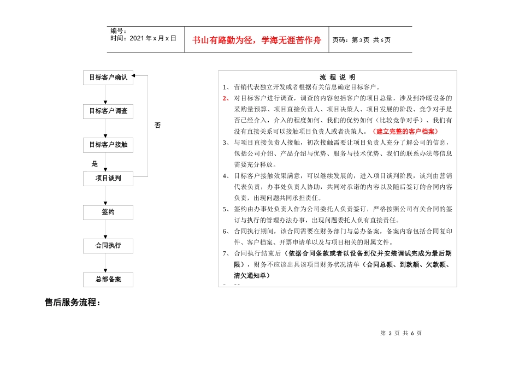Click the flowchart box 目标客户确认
(x=108, y=78)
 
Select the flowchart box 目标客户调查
(x=108, y=111)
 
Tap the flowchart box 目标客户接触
(x=108, y=145)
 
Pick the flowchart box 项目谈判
(x=108, y=179)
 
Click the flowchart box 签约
(x=108, y=212)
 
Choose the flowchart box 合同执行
(x=108, y=246)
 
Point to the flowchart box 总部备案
(x=108, y=280)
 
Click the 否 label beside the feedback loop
(x=158, y=126)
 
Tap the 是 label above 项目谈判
(x=95, y=163)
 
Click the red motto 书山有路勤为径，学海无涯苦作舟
(x=257, y=40)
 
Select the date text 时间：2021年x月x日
(x=143, y=39)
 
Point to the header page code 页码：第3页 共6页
(x=361, y=40)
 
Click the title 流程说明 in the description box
(x=337, y=78)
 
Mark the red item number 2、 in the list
(x=226, y=98)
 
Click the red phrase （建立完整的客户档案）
(x=405, y=132)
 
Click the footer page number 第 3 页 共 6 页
(x=401, y=334)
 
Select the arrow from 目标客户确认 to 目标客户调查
(x=105, y=95)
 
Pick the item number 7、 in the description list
(x=226, y=254)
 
